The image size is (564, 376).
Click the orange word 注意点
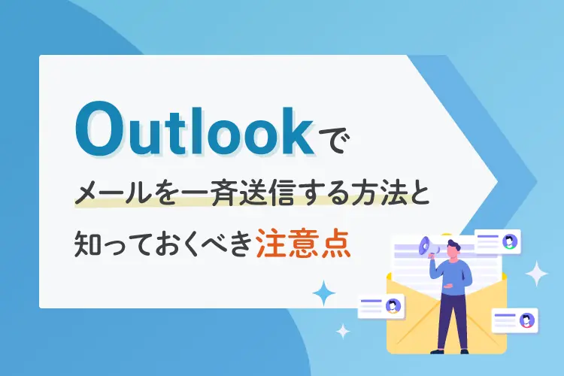click(x=303, y=242)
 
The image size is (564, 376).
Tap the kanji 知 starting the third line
click(x=86, y=243)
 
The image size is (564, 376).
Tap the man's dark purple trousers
click(x=450, y=321)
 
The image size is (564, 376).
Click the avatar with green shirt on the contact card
click(x=509, y=241)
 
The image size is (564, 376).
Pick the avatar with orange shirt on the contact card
click(x=393, y=306)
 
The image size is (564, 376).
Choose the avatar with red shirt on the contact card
click(x=526, y=320)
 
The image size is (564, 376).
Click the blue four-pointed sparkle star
click(x=323, y=293)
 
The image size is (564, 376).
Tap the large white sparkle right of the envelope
click(x=536, y=274)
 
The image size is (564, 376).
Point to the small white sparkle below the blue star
click(x=343, y=332)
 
